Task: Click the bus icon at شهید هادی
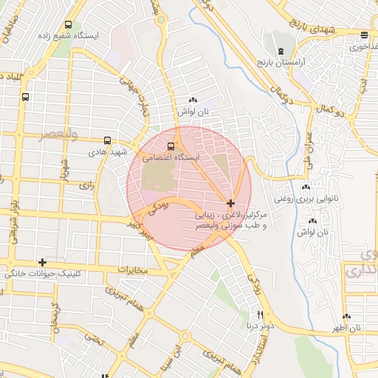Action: (108, 140)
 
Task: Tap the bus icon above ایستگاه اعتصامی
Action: (171, 145)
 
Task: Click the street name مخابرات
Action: (133, 270)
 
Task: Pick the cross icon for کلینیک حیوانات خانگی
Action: (43, 262)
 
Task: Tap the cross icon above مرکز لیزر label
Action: (231, 202)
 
